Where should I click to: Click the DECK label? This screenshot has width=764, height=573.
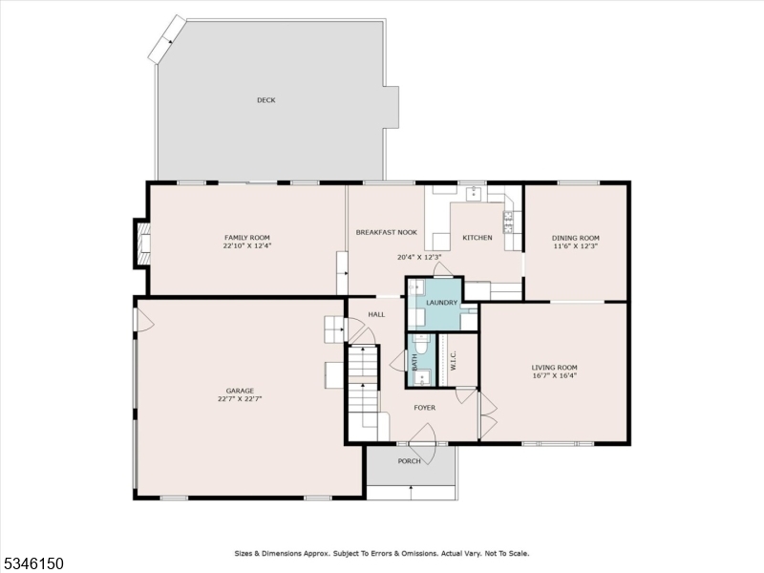coord(265,100)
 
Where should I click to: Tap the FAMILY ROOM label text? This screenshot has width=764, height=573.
coord(247,238)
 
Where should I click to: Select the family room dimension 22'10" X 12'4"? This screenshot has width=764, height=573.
coord(247,246)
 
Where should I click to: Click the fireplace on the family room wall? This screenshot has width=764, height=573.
coord(142,243)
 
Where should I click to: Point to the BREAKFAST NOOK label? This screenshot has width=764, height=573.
coord(387,233)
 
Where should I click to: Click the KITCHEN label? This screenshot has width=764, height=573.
coord(477,238)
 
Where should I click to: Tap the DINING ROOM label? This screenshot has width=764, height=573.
coord(576,238)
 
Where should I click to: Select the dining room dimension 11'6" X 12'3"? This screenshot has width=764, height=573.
coord(576,246)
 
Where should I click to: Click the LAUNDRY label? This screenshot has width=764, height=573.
coord(442,303)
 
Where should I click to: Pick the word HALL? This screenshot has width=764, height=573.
coord(376,314)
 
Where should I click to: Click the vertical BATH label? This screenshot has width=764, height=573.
coord(415,362)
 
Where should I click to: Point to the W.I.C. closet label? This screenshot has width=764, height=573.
coord(454,361)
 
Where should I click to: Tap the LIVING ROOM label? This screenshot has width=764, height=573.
coord(554,367)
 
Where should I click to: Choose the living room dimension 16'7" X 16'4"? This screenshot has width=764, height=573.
coord(554,375)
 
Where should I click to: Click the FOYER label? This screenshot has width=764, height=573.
coord(424,408)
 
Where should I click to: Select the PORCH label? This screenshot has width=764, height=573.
coord(410,461)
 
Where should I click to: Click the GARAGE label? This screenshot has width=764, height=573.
coord(240,391)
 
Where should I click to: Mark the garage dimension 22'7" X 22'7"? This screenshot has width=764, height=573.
coord(240,399)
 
